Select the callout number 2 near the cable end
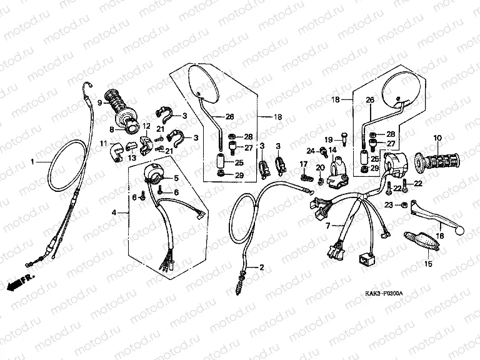click(262, 267)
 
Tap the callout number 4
click(114, 213)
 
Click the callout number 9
click(99, 101)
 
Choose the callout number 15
click(428, 264)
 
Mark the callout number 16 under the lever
click(440, 235)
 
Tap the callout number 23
click(388, 205)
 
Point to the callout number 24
click(311, 151)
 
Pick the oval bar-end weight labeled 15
click(417, 241)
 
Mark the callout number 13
click(131, 158)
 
